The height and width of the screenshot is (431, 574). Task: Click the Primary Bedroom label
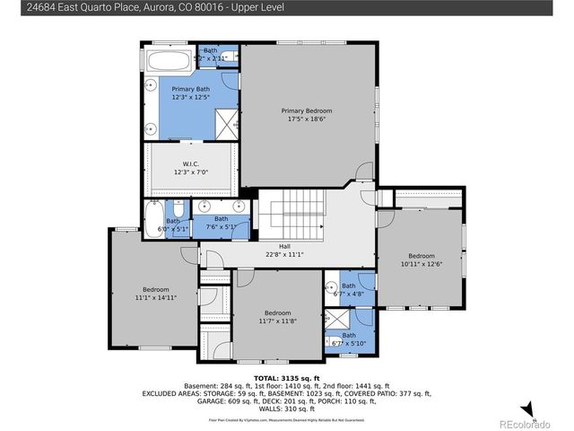click(x=309, y=115)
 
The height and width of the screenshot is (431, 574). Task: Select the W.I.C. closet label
click(x=190, y=168)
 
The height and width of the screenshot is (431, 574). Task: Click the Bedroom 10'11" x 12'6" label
click(x=421, y=259)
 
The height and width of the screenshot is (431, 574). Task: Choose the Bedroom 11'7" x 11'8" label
click(x=277, y=316)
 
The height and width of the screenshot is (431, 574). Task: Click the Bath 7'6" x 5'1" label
click(x=221, y=223)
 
